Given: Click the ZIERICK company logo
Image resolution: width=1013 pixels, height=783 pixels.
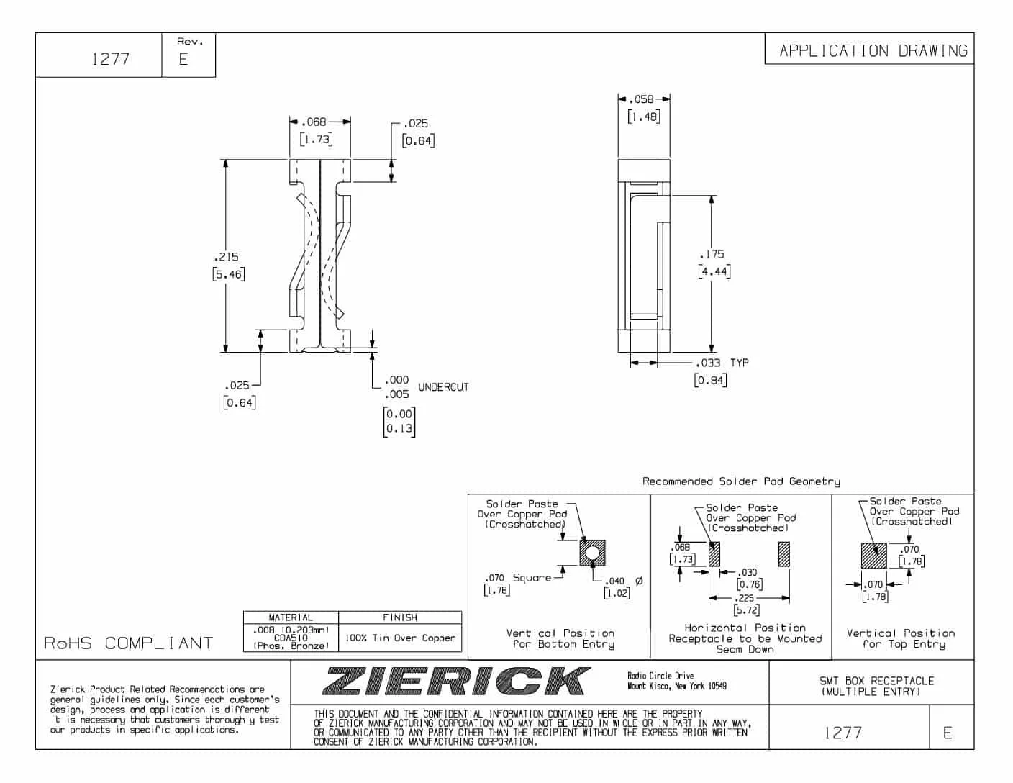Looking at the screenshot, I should (456, 681).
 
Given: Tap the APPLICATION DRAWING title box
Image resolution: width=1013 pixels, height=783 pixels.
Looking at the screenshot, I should (873, 50).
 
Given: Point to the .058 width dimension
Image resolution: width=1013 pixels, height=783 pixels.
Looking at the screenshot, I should (642, 99).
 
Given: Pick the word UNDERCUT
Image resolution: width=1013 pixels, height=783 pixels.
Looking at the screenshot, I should (443, 387).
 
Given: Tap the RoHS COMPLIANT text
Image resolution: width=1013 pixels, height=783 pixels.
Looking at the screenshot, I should (129, 643).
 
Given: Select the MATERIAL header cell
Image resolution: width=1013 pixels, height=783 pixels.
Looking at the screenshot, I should (291, 617).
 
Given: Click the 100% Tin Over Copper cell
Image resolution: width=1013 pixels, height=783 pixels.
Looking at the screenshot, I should (400, 638).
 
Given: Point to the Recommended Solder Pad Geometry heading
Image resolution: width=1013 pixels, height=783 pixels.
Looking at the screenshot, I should (741, 481).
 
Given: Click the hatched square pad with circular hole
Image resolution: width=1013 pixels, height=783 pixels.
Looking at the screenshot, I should (592, 553).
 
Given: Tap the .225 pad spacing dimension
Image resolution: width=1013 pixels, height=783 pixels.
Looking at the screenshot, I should (745, 598).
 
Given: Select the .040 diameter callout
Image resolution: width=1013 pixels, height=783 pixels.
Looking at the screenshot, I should (616, 581).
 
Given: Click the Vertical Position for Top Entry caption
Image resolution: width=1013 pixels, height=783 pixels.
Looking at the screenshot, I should (901, 638).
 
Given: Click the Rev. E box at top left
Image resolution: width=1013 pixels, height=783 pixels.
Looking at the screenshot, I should (188, 54).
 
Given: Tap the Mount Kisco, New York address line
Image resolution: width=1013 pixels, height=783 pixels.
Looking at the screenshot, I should (676, 687).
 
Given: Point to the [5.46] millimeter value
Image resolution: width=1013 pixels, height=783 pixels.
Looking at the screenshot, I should (229, 274).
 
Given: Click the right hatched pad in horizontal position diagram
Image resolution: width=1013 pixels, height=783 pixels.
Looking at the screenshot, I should (783, 554).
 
